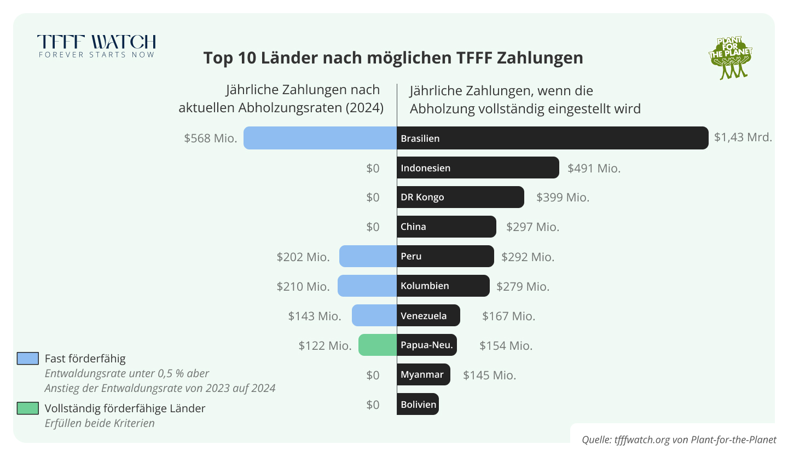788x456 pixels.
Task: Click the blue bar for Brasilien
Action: click(320, 138)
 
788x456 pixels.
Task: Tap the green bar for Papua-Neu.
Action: click(378, 345)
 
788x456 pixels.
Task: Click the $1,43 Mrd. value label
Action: click(743, 138)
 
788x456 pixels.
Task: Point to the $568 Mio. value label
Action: click(211, 138)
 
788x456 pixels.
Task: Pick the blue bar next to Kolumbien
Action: click(367, 286)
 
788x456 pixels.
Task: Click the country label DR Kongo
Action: click(422, 197)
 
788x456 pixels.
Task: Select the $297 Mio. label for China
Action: click(532, 227)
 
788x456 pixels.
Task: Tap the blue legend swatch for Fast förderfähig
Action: click(28, 359)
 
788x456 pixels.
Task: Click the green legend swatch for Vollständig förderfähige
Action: click(28, 408)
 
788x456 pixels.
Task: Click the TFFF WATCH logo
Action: click(96, 46)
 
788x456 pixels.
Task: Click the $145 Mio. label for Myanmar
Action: click(489, 376)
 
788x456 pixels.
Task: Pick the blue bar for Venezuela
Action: click(374, 316)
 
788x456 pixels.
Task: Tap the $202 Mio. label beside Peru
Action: click(303, 257)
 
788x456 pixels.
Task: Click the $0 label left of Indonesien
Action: click(373, 169)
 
